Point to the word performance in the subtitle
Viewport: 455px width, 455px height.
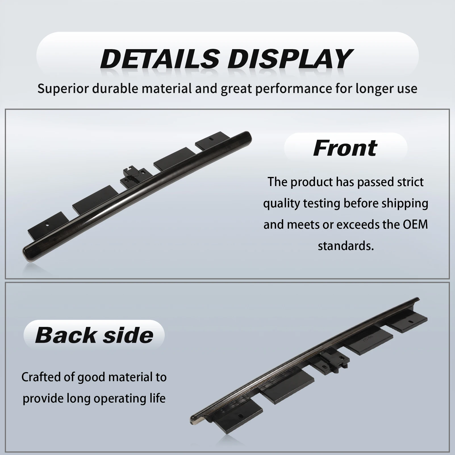pos(294,89)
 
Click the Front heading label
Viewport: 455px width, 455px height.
pos(345,148)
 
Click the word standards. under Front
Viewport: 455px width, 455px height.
pos(346,246)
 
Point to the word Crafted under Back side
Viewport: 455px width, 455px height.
pos(40,377)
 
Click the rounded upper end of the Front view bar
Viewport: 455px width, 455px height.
pos(248,136)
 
